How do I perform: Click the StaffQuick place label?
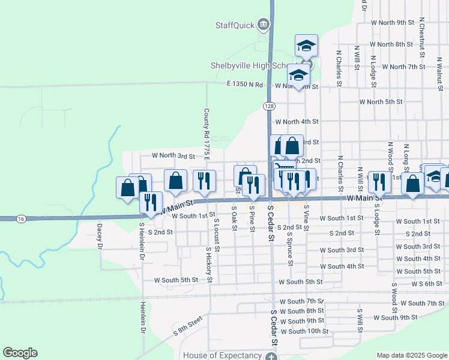pos(235,25)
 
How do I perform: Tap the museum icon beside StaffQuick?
pos(263,25)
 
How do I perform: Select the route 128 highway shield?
pos(268,106)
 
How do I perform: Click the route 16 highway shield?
pos(21,220)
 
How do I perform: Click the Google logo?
pos(20,353)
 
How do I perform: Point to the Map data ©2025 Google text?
pos(411,355)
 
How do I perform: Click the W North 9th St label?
pos(393,22)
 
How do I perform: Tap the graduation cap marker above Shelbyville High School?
pos(306,46)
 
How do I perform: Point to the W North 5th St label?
pos(381,101)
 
